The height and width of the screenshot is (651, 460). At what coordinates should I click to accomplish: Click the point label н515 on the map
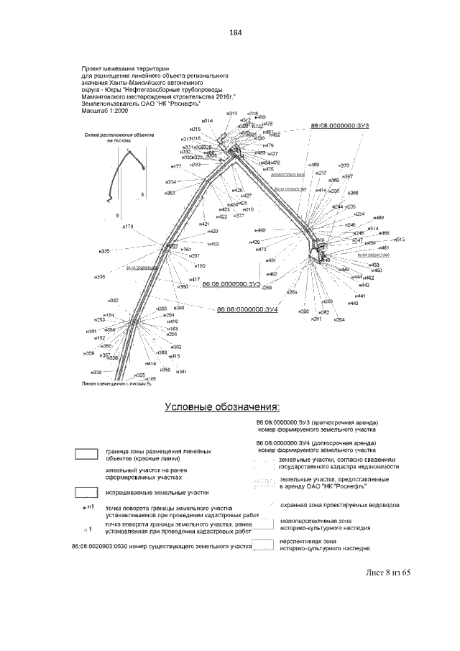coord(400,239)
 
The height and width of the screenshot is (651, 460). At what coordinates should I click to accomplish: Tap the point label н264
coord(340,319)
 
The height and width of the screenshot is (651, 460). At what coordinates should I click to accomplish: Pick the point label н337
coord(113,300)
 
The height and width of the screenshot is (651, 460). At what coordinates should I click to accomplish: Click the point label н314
coord(206,121)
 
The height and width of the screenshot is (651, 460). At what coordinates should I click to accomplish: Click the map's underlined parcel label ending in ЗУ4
coord(247,309)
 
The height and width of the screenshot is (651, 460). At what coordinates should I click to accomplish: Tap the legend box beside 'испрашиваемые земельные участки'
coord(86,493)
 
